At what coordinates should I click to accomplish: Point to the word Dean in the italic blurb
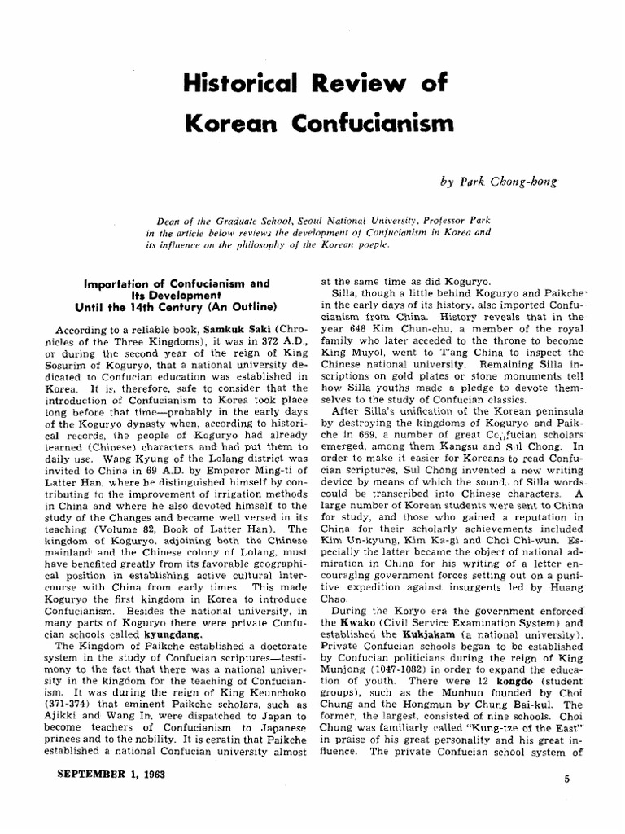point(169,219)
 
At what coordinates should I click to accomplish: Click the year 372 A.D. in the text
point(258,338)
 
